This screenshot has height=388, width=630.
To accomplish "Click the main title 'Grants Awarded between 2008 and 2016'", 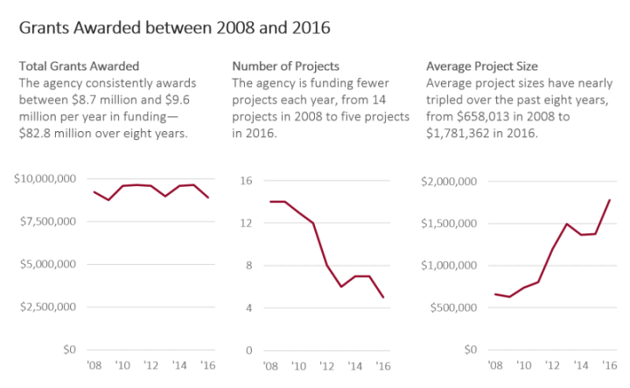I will point(174,27).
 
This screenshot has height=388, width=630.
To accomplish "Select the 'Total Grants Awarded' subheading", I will point(79,66).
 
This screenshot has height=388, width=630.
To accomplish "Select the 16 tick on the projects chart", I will point(247,180).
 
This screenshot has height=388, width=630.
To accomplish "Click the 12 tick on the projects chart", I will point(247,223).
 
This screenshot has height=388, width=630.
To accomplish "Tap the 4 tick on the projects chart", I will point(249,308).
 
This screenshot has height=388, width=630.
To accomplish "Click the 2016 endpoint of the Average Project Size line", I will point(609,200).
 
